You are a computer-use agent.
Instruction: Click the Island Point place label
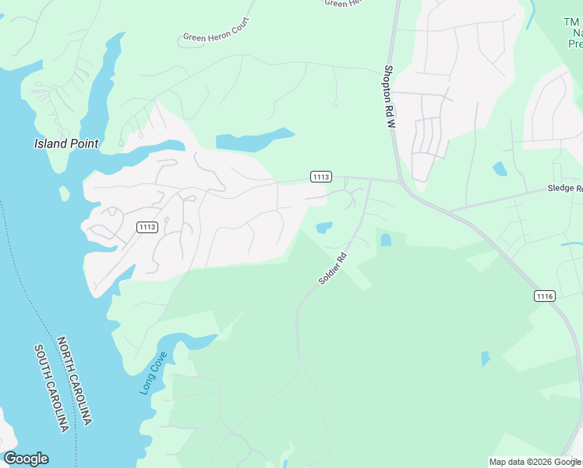(x=66, y=144)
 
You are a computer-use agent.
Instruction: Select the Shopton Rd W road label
(x=390, y=96)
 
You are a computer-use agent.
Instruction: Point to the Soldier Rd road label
(x=331, y=268)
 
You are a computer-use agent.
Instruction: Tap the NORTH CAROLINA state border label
(x=75, y=381)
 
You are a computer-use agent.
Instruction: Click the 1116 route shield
(x=545, y=296)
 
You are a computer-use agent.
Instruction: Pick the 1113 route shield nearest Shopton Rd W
(x=320, y=177)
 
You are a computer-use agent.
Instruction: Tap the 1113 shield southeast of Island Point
(x=147, y=227)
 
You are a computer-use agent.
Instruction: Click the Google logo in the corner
(x=26, y=459)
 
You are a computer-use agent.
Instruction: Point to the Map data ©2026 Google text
(x=535, y=462)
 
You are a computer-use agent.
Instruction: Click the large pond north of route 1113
(x=253, y=140)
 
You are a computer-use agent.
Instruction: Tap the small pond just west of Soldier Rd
(x=324, y=228)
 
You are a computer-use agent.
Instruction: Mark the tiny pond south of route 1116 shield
(x=486, y=359)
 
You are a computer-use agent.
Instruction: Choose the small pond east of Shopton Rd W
(x=500, y=168)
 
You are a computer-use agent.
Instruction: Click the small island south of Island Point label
(x=64, y=193)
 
